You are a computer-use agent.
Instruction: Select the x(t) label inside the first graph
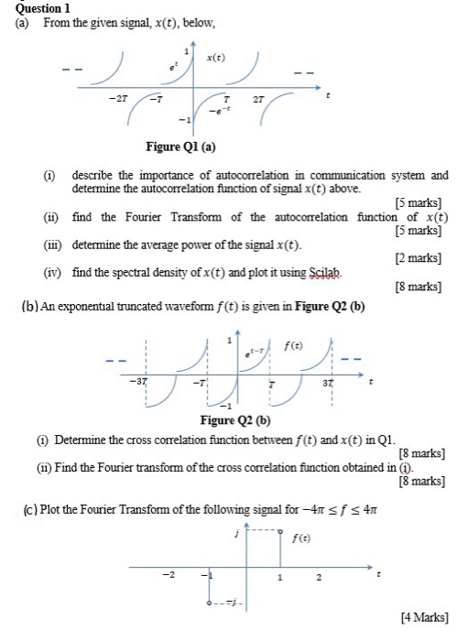(218, 57)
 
